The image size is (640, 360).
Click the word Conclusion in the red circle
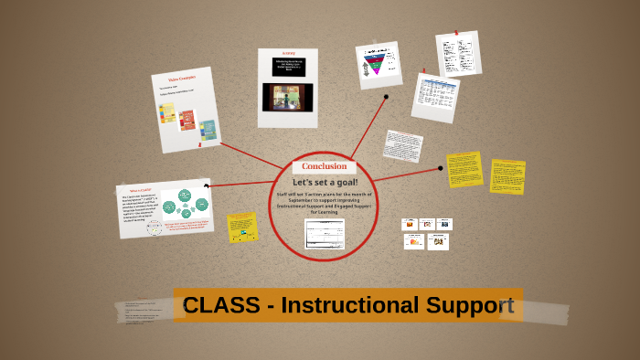coord(325,166)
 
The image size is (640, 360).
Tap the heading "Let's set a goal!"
coord(325,182)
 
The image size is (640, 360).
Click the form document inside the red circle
coord(325,233)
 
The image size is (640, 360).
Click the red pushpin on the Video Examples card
coord(199,143)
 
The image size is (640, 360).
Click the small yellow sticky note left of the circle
coord(242,227)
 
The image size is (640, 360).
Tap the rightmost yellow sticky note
coord(507,176)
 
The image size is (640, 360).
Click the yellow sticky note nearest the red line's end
coord(464,169)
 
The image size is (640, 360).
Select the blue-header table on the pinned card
coord(434,96)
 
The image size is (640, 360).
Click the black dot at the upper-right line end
coord(386,96)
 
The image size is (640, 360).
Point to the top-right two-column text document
coord(458,54)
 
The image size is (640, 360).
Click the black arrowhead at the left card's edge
coord(207,186)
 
